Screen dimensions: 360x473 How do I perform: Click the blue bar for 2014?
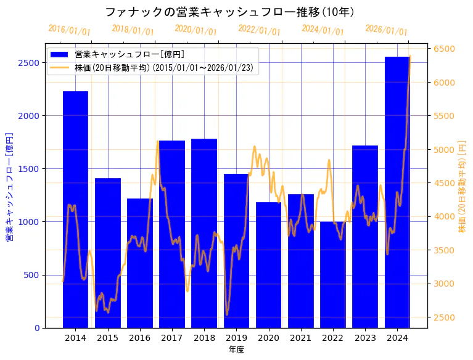[75, 210]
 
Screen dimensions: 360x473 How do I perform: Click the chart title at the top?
[229, 12]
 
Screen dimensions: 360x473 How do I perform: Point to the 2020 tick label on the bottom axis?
[268, 338]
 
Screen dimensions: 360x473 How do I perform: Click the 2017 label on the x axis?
[172, 338]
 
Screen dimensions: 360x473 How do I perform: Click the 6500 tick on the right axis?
[445, 49]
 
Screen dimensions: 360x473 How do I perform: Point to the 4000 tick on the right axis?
[445, 217]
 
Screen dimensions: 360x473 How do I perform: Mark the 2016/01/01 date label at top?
[69, 30]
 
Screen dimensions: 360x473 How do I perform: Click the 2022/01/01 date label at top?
[259, 30]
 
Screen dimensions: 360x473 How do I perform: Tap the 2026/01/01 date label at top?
[386, 30]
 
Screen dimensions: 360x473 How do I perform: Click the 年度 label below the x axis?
[236, 350]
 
